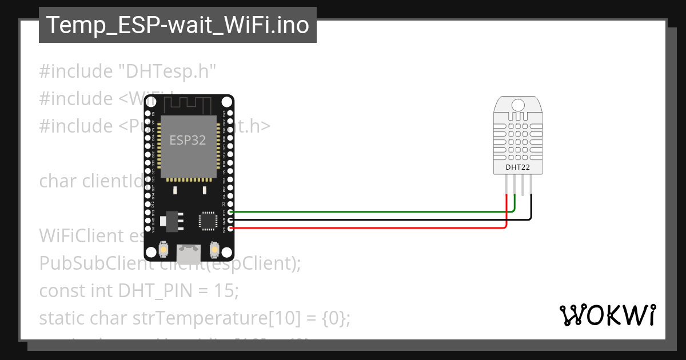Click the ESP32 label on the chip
pyautogui.click(x=188, y=140)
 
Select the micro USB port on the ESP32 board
pyautogui.click(x=188, y=251)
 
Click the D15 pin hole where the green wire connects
pyautogui.click(x=230, y=212)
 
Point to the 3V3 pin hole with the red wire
pyautogui.click(x=230, y=228)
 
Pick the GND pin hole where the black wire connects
pyautogui.click(x=230, y=220)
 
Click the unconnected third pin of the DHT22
pyautogui.click(x=523, y=184)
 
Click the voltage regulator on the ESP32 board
pyautogui.click(x=170, y=220)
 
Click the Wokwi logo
pyautogui.click(x=607, y=315)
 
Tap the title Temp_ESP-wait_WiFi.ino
pyautogui.click(x=177, y=25)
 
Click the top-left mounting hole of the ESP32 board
pyautogui.click(x=150, y=102)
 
